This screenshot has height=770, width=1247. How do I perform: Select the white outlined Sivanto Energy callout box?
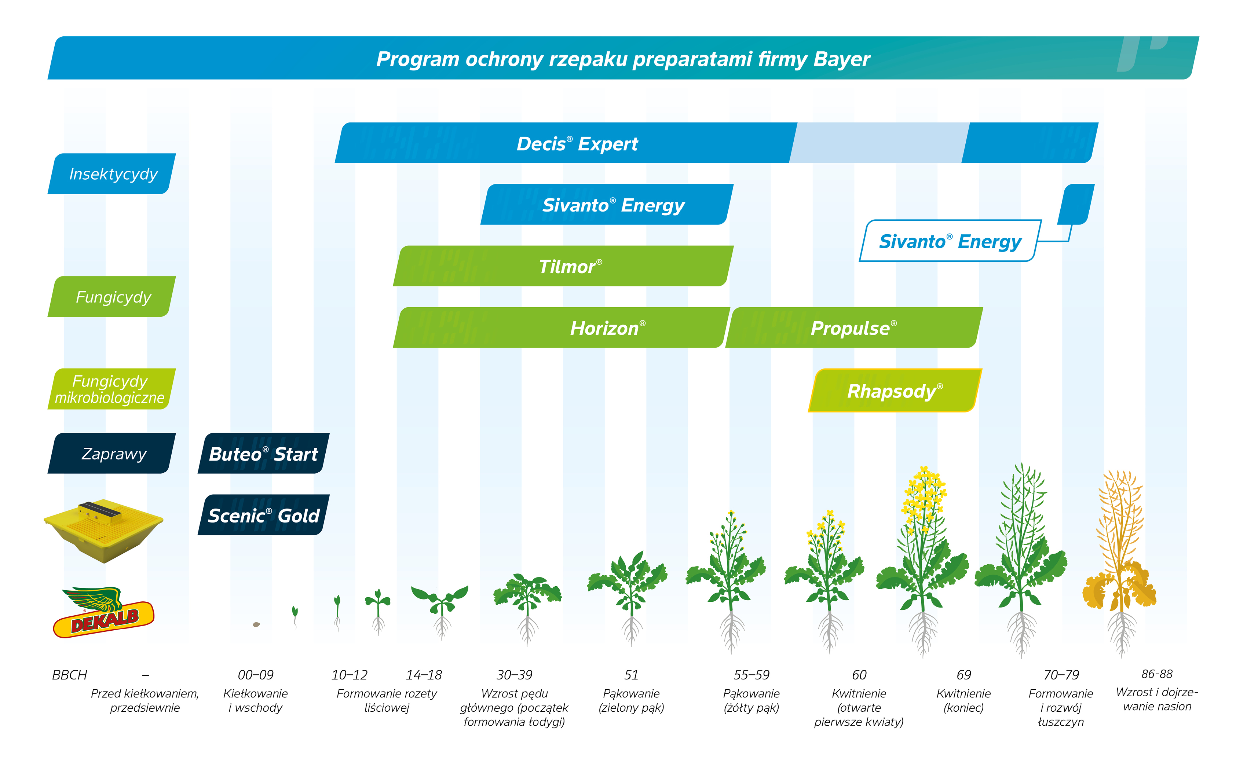[x=950, y=241]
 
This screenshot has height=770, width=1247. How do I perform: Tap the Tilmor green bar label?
[x=570, y=266]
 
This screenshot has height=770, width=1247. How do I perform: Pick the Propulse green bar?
[x=853, y=328]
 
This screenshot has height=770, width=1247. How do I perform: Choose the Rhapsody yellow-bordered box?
[x=895, y=390]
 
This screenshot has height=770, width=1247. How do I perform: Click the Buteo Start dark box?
[x=263, y=454]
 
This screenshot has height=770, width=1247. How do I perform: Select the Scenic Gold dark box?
[x=263, y=516]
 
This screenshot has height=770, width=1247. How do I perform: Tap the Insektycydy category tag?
[x=113, y=174]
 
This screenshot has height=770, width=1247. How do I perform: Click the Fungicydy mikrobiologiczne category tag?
[x=110, y=389]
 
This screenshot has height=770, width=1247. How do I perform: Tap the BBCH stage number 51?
[x=631, y=675]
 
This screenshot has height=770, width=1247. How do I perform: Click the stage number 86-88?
[x=1156, y=674]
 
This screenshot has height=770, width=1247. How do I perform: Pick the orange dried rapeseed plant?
[x=1120, y=560]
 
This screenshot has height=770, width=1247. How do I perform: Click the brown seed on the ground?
[x=256, y=624]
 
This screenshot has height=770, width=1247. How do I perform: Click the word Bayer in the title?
[x=841, y=59]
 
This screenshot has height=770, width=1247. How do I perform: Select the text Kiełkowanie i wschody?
[x=255, y=700]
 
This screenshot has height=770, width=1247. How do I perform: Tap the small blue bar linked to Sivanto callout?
[x=1076, y=204]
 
